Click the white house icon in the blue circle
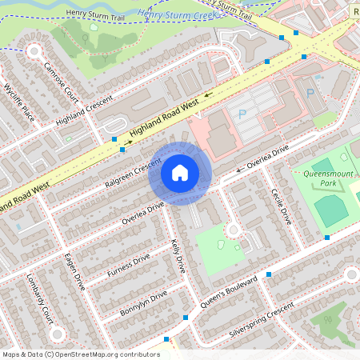tap(179, 172)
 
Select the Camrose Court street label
tap(61, 81)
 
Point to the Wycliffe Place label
tap(19, 100)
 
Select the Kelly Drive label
tap(178, 255)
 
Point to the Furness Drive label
tap(128, 266)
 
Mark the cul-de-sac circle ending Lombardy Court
tap(56, 334)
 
